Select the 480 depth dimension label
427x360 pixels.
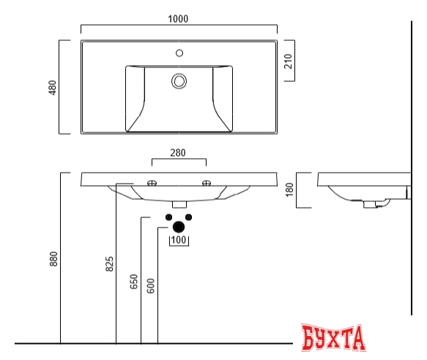click(x=52, y=87)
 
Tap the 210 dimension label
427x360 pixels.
click(x=289, y=62)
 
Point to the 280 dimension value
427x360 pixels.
click(x=178, y=154)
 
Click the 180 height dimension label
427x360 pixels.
click(x=289, y=190)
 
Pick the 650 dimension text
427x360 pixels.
click(x=133, y=282)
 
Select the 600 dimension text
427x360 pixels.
click(x=151, y=285)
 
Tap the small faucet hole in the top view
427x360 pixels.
click(x=179, y=53)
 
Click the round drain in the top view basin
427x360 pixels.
click(x=179, y=80)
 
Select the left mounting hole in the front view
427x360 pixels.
click(x=152, y=182)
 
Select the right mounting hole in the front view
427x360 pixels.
click(x=206, y=182)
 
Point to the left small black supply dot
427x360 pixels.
click(x=168, y=217)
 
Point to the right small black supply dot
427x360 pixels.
click(x=188, y=217)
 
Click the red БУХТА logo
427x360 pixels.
click(x=333, y=339)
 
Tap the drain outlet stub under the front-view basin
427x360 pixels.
click(x=179, y=203)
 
